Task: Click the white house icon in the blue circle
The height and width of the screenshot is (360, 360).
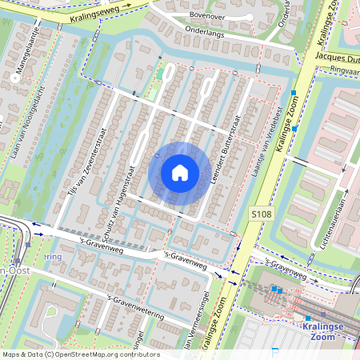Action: click(x=180, y=173)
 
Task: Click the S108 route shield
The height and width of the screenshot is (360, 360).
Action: click(x=260, y=214)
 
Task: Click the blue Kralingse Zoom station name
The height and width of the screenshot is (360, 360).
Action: click(x=323, y=333)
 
